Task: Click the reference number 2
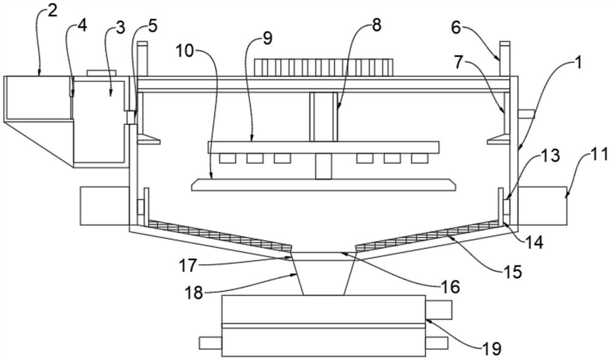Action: pyautogui.click(x=52, y=10)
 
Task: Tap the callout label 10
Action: pyautogui.click(x=185, y=51)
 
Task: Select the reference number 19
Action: pyautogui.click(x=492, y=348)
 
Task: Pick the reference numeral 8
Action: pyautogui.click(x=376, y=25)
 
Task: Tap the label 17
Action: pyautogui.click(x=188, y=266)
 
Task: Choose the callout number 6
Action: pyautogui.click(x=456, y=27)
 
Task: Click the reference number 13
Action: pyautogui.click(x=551, y=156)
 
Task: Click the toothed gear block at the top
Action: pyautogui.click(x=324, y=67)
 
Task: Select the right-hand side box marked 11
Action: pyautogui.click(x=542, y=206)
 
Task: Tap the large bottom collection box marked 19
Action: pyautogui.click(x=323, y=325)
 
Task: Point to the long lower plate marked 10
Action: pyautogui.click(x=324, y=185)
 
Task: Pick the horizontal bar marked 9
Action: pyautogui.click(x=324, y=147)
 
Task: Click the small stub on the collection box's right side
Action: pyautogui.click(x=438, y=309)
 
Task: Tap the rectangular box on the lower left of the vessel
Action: pyautogui.click(x=105, y=206)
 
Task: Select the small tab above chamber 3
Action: pyautogui.click(x=101, y=73)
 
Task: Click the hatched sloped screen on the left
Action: pyautogui.click(x=219, y=235)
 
